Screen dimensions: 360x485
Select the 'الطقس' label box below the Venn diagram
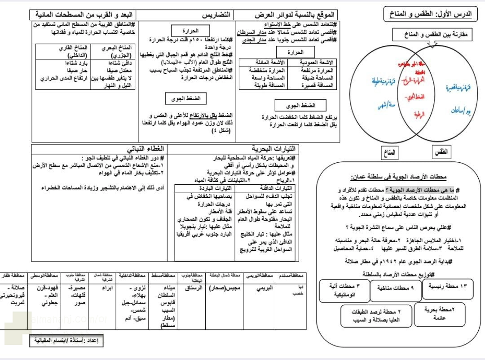click(x=441, y=152)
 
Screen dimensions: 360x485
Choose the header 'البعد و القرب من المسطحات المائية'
click(x=84, y=15)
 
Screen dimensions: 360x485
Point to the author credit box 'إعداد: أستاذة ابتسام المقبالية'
click(x=66, y=341)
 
